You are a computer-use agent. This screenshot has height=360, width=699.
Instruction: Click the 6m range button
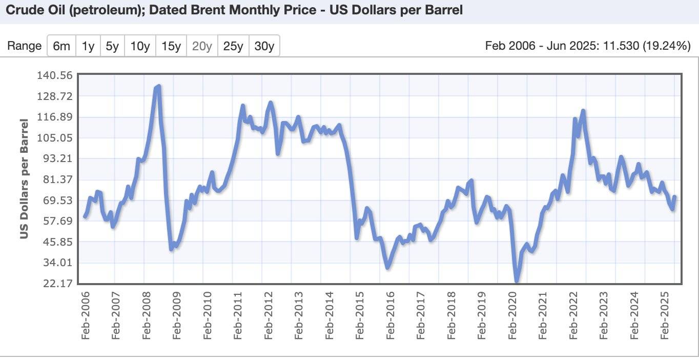pos(61,46)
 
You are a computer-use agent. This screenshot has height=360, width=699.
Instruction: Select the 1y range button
pos(88,46)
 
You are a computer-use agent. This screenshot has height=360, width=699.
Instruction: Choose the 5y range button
pos(112,46)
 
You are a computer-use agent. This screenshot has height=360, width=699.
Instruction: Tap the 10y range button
pos(140,46)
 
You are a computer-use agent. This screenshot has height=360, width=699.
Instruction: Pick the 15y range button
pos(171,46)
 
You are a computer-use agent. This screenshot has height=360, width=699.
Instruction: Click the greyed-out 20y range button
pos(202,46)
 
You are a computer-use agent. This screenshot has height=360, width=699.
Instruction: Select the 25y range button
pos(233,46)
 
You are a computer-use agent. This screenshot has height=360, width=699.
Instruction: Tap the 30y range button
pos(264,46)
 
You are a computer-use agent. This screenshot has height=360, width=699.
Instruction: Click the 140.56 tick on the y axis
pos(55,75)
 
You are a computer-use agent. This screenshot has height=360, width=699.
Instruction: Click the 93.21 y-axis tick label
pos(58,158)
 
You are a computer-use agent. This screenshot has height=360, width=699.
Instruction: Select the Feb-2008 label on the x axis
pos(147,316)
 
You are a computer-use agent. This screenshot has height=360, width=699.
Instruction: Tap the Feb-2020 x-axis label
pos(512,316)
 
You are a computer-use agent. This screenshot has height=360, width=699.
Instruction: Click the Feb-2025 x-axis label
pos(665,316)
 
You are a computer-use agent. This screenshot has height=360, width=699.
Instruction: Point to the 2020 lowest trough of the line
pos(517,281)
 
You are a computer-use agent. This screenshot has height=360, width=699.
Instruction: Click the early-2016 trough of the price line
pos(388,267)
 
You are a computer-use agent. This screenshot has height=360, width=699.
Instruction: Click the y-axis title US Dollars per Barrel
pos(24,179)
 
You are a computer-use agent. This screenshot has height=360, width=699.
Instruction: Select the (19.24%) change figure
pos(667,46)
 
